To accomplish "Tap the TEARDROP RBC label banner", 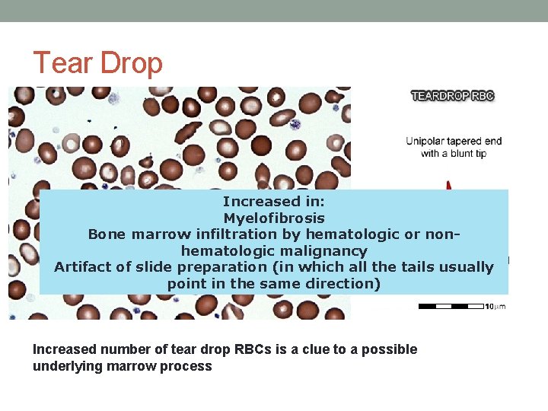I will click(453, 96).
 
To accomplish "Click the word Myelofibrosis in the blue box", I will click(274, 218).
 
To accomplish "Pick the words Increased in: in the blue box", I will click(274, 202).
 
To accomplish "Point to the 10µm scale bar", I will click(451, 306).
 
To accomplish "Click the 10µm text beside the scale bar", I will click(495, 306).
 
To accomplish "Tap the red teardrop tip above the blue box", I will click(449, 184).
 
